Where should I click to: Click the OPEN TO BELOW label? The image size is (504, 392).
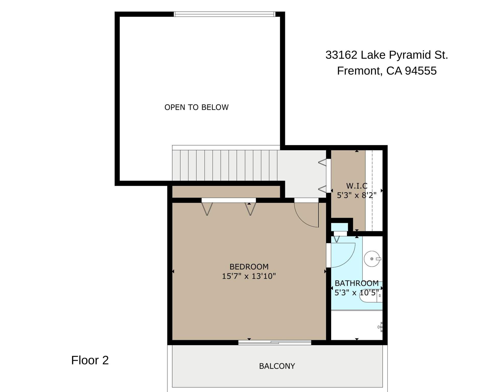tap(196, 107)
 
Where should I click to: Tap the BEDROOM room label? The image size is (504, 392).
tap(249, 267)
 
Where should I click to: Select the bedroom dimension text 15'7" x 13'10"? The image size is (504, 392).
tap(249, 276)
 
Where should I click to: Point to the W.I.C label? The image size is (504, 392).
tap(357, 186)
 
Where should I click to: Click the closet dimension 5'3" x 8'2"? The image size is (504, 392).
tap(357, 195)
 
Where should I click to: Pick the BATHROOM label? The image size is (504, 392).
tap(357, 283)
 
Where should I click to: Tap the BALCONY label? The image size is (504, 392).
tap(277, 366)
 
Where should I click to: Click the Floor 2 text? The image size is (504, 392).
tap(90, 360)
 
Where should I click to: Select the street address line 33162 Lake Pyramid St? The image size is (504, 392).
tap(387, 55)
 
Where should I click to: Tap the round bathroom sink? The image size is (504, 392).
tap(372, 259)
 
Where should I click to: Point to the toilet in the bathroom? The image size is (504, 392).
tap(371, 296)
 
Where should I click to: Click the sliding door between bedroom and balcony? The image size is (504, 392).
tap(275, 342)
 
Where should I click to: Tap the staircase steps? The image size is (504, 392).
tap(225, 165)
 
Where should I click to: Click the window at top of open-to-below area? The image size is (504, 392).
tap(224, 14)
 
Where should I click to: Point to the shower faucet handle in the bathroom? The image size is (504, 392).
tap(380, 327)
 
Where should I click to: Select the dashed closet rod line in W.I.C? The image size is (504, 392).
tap(372, 190)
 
